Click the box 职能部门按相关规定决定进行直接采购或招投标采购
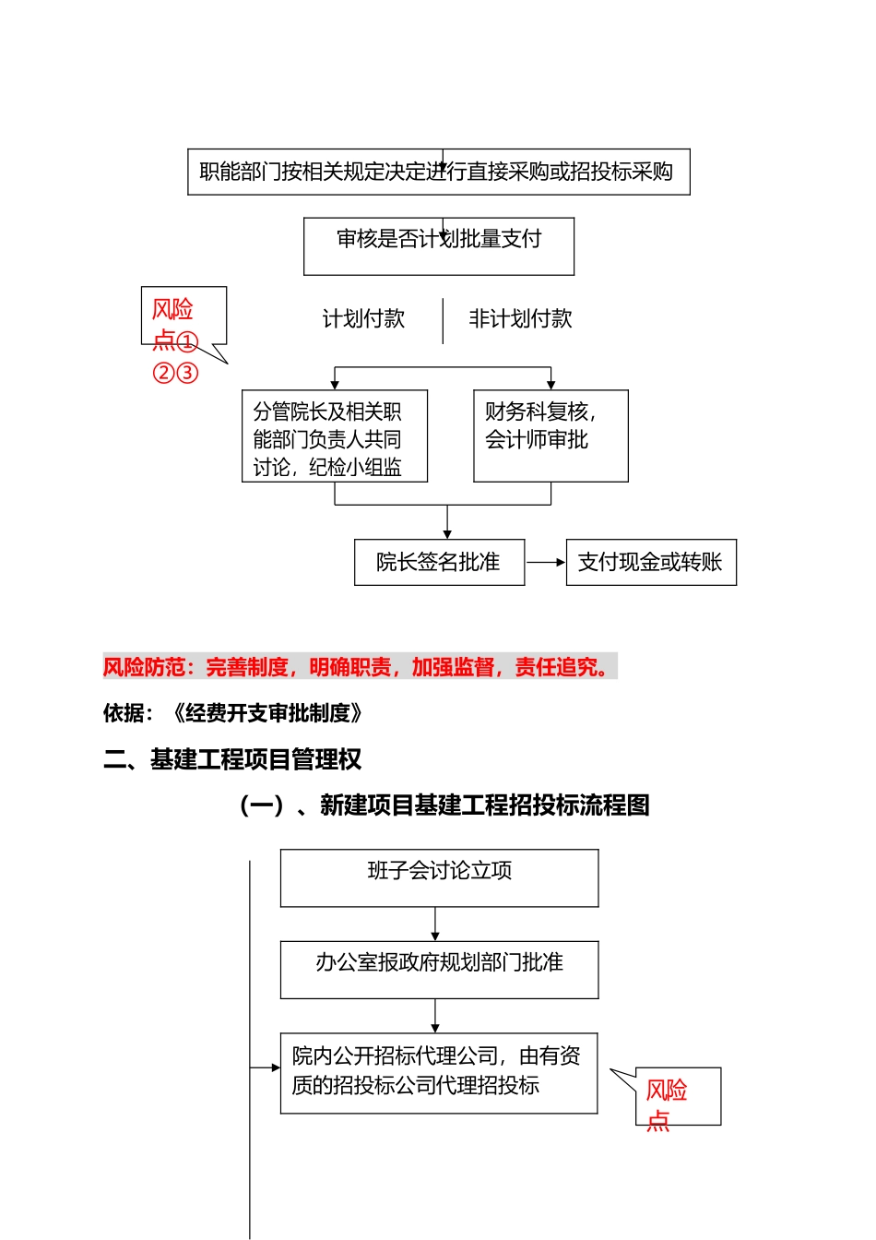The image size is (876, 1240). click(438, 173)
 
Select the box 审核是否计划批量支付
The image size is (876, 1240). click(438, 246)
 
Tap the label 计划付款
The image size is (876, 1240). click(363, 319)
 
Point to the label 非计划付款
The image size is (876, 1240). click(520, 319)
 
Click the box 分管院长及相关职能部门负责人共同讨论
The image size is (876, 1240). click(334, 436)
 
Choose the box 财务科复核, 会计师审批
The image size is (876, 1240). click(550, 436)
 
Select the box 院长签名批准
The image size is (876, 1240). click(439, 563)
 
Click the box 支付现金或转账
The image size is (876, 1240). click(650, 563)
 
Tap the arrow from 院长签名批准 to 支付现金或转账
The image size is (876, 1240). click(545, 562)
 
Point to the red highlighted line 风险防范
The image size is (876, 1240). click(359, 667)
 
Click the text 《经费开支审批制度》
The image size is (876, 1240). click(267, 713)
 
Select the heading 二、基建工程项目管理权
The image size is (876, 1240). click(232, 759)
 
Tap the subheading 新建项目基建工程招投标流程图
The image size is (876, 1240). click(444, 805)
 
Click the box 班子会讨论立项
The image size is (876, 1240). click(439, 878)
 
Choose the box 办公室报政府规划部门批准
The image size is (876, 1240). click(439, 970)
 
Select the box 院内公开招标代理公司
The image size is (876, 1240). click(438, 1073)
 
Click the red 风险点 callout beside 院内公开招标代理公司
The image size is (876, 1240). click(677, 1097)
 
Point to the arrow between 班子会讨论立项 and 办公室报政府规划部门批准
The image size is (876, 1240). click(435, 924)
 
